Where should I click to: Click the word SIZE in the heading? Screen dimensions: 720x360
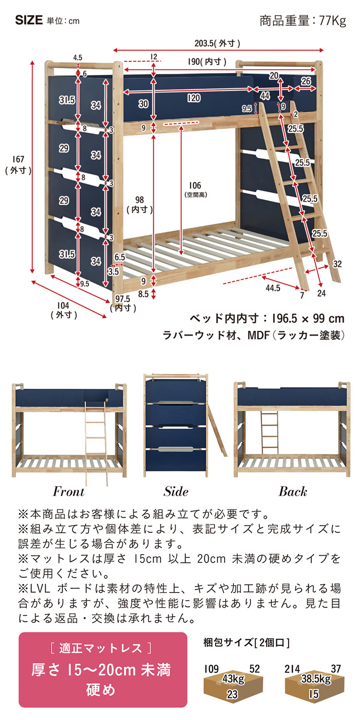point(29,21)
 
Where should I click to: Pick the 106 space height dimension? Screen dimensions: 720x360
point(195,185)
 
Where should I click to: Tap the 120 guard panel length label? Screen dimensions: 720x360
point(194,98)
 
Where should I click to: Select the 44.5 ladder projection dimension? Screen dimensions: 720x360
point(273,288)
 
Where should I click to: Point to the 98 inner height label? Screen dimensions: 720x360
point(140,200)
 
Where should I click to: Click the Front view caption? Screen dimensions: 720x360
point(69,491)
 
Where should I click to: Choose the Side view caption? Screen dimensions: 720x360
point(176,491)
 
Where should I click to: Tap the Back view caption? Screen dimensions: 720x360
point(292,491)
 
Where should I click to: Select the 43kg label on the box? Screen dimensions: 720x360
point(233,679)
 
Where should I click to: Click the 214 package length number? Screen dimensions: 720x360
point(292,669)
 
